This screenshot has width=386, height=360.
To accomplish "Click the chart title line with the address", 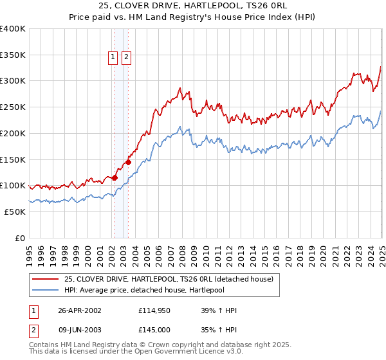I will (x=193, y=6).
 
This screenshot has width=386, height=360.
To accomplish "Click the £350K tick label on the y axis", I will (x=13, y=55).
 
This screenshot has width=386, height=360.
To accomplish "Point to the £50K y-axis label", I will (x=15, y=212).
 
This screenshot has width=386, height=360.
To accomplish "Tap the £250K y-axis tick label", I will (x=13, y=107).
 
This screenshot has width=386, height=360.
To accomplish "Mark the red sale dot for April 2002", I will (x=115, y=177).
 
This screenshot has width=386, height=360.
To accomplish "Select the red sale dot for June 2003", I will (x=128, y=162).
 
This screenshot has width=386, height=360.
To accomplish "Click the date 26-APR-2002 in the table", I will (x=80, y=310).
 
